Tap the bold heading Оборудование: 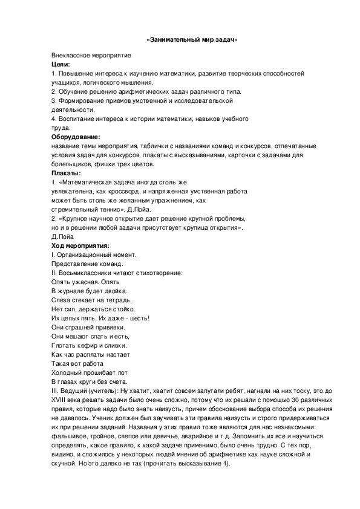click(x=76, y=137)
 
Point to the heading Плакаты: click(x=66, y=173)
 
